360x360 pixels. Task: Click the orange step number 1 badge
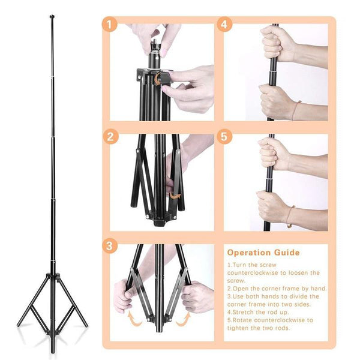coord(109,25)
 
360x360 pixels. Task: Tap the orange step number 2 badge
coord(109,136)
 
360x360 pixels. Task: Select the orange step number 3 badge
coord(109,246)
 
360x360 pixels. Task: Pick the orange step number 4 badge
coord(224,25)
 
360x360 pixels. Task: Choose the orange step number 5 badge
coord(224,136)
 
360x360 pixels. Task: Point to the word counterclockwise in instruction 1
coord(255,272)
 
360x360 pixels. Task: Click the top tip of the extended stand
coord(52,17)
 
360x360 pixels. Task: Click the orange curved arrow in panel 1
coord(157,80)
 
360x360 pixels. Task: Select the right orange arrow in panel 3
coord(182,318)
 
